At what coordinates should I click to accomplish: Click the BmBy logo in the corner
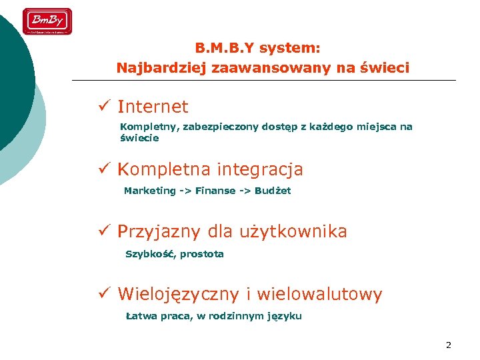[47, 21]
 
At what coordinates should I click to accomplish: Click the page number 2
[448, 345]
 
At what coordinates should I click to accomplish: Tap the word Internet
[153, 107]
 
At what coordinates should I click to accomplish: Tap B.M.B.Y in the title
[225, 48]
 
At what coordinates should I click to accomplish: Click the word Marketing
[149, 191]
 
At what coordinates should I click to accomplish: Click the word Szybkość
[150, 254]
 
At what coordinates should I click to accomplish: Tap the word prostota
[202, 254]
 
